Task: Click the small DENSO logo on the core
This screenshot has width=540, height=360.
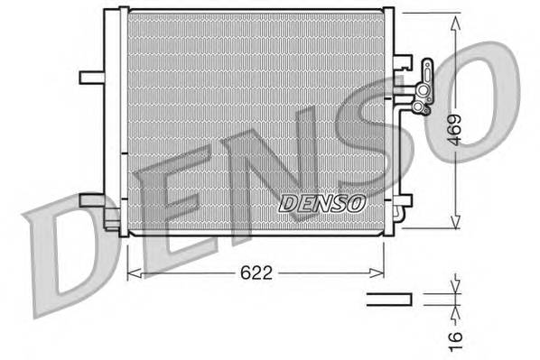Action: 322,203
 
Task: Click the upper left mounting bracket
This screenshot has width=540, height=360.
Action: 93,77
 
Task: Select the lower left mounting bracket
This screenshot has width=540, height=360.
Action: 93,200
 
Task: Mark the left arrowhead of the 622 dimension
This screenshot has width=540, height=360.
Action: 132,270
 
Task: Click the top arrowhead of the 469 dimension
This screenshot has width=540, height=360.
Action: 455,18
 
